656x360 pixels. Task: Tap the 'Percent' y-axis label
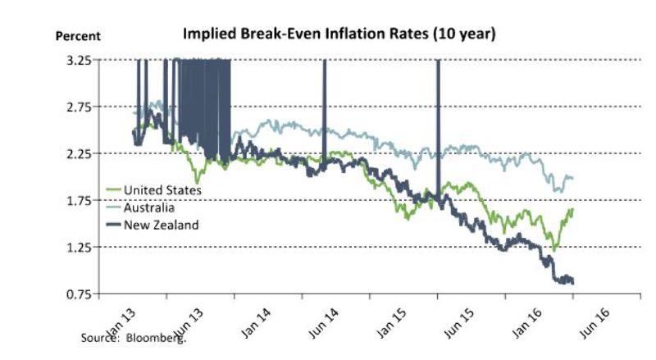click(78, 36)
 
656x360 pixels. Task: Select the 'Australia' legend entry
click(148, 207)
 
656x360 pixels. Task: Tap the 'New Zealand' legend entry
click(160, 224)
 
